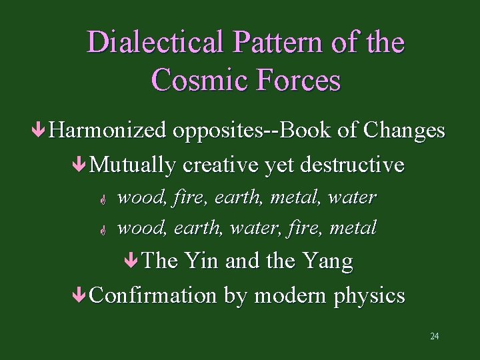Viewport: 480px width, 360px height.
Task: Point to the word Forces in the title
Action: [299, 80]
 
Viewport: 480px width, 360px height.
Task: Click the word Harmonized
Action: [107, 130]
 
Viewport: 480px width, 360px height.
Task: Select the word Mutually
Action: [133, 164]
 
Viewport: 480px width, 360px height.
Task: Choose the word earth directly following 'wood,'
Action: [198, 227]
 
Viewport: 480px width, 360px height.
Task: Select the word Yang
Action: [327, 261]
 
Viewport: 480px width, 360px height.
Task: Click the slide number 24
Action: [434, 336]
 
